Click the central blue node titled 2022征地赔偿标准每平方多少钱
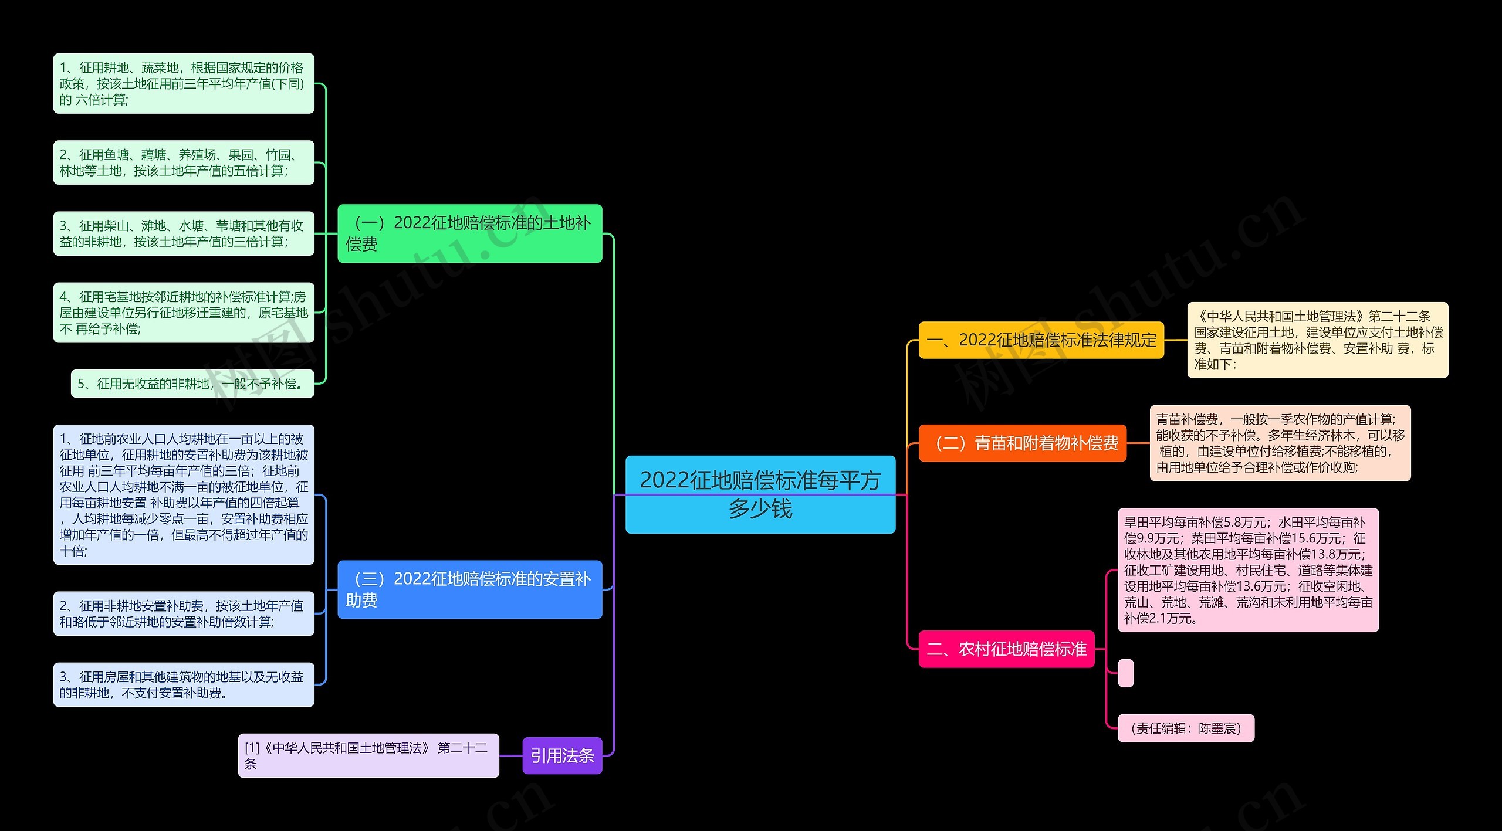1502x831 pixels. pos(760,494)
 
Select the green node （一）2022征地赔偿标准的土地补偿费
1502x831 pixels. pos(469,233)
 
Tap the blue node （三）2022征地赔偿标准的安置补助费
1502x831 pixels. pos(469,589)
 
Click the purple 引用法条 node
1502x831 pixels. pos(561,755)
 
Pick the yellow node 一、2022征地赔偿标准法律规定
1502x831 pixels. pos(1041,340)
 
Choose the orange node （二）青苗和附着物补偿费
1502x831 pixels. pos(1022,443)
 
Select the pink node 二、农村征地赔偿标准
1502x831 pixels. pos(1006,649)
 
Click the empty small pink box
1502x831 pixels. pos(1125,673)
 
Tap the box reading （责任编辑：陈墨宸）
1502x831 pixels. pos(1185,728)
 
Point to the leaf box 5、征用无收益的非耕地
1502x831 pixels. pos(192,384)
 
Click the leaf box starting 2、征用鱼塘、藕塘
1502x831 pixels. pos(184,162)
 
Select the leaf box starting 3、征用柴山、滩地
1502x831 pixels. pos(184,233)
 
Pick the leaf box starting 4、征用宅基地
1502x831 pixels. pos(184,313)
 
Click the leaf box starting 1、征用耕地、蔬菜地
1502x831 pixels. pos(184,83)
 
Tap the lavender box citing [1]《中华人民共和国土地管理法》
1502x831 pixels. pos(368,755)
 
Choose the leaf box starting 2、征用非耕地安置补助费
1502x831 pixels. pos(184,613)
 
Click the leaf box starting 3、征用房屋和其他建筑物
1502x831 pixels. pos(184,684)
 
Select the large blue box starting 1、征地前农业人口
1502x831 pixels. pos(184,494)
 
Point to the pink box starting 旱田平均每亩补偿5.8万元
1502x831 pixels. pos(1247,569)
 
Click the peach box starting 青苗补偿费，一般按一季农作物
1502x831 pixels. pos(1280,443)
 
